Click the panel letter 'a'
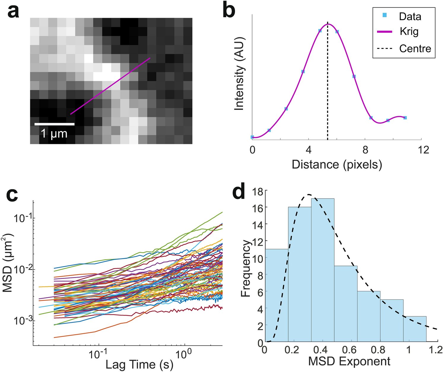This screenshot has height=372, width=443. point(13,12)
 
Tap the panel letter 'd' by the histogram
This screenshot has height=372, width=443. point(239,193)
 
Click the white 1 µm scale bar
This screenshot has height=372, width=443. point(54,124)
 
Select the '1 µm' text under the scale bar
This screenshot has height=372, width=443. point(54,134)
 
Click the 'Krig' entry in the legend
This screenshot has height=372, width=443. point(409,32)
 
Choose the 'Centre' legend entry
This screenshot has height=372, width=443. point(415,48)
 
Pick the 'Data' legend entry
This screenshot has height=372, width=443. point(410,17)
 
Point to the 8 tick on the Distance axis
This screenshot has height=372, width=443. point(365,150)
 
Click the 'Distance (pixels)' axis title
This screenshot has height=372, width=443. point(337,165)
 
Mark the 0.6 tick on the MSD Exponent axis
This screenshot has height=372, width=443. point(351,350)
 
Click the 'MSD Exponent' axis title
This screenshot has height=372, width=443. point(349,361)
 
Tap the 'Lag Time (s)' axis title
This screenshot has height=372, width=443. point(139,365)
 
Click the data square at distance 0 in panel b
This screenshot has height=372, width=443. point(252,137)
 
